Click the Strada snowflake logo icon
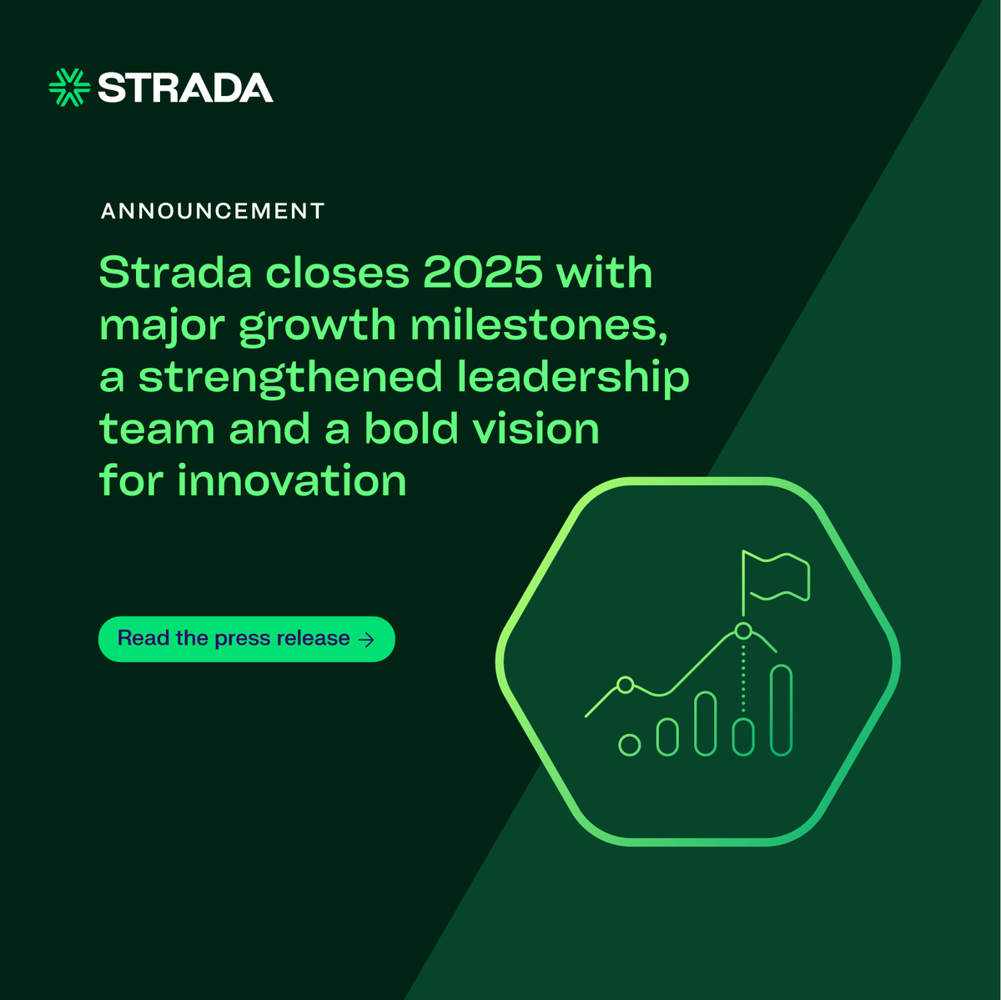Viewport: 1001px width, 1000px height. [x=69, y=88]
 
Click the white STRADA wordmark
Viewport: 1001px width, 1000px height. [x=185, y=88]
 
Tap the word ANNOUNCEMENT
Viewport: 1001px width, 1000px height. [x=213, y=211]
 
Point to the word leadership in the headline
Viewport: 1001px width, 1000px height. [x=573, y=377]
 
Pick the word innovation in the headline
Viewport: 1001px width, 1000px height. [x=292, y=481]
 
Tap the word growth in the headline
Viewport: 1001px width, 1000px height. [x=317, y=326]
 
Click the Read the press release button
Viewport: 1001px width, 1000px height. [x=246, y=639]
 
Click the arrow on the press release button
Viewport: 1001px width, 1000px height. [x=365, y=640]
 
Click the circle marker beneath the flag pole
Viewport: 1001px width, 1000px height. [x=743, y=630]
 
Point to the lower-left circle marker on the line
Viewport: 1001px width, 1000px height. [x=625, y=685]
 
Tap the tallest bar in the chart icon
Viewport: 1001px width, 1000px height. [x=781, y=710]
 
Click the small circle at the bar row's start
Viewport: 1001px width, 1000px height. [x=630, y=745]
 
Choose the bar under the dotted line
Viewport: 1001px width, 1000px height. [x=743, y=736]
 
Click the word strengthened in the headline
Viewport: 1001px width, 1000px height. [x=290, y=377]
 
